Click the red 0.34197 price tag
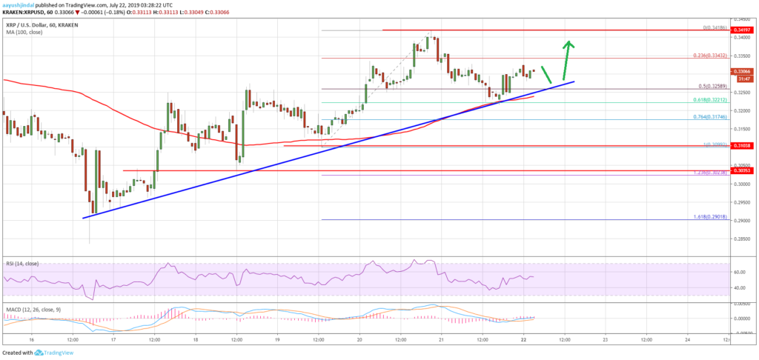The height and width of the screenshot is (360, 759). point(741,30)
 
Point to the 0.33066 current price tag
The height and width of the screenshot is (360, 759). point(741,71)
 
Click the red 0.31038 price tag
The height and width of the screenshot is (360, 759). point(741,146)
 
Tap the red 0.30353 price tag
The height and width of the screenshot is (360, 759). point(741,171)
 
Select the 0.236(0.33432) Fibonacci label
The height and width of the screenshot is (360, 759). point(706,55)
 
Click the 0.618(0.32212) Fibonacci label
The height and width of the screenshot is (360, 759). point(706,99)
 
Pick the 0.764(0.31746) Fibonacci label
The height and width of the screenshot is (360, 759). point(706,116)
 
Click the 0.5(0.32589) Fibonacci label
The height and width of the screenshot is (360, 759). point(707,85)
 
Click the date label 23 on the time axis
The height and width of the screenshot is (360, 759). point(605,339)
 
